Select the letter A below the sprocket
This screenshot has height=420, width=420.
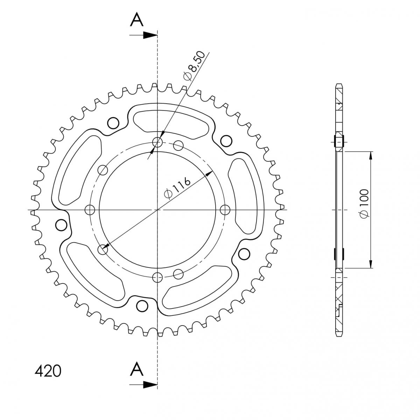pos(136,369)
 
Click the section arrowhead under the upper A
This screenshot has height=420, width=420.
pos(150,35)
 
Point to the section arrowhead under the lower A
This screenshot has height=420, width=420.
pos(150,385)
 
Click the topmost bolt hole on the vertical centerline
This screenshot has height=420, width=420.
pos(157,142)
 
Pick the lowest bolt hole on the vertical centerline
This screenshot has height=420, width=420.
pos(157,278)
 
